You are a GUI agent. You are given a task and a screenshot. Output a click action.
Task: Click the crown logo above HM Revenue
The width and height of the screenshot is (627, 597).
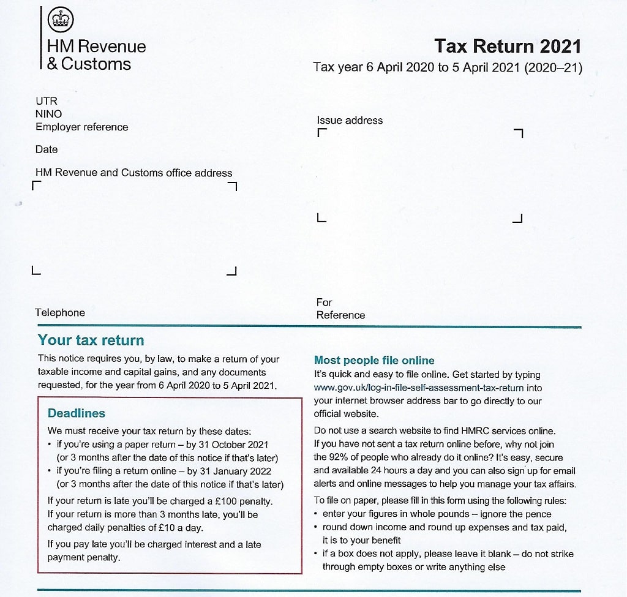point(60,20)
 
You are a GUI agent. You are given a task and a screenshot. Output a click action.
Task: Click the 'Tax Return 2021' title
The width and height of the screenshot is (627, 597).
point(507,46)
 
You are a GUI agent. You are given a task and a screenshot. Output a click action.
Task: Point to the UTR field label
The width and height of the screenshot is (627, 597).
point(46,101)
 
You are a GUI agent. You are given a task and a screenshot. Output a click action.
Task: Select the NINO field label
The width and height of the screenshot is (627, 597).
point(48,114)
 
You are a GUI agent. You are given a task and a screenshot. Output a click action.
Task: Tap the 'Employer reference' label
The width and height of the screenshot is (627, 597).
point(81,127)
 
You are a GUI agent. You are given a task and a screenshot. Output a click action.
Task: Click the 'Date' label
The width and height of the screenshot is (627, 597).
point(47,149)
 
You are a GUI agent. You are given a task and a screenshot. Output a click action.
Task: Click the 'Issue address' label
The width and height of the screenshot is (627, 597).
point(349,120)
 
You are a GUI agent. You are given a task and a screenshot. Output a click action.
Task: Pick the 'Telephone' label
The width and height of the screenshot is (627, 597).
point(60,312)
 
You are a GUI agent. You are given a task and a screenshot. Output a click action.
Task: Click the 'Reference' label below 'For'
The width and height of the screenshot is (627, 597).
point(340,315)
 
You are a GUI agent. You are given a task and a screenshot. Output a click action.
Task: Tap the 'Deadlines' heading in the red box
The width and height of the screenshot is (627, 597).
point(77,413)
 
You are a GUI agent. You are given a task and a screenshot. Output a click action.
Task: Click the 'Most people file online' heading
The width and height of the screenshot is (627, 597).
point(374,360)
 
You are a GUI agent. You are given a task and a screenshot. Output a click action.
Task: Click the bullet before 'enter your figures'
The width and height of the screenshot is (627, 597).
point(316,514)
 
